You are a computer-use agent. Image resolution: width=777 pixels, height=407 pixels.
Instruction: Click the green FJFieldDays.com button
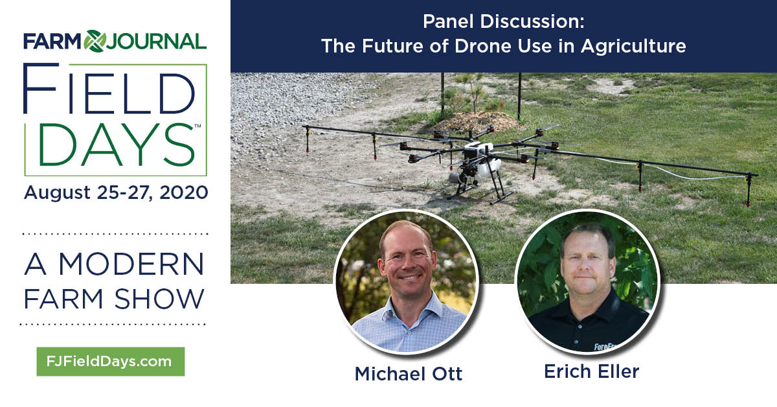111,362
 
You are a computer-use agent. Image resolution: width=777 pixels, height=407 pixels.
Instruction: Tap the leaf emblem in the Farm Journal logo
95,41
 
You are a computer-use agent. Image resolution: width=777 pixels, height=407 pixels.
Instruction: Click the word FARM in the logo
52,41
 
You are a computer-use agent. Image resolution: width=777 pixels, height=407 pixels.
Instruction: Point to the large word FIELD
109,89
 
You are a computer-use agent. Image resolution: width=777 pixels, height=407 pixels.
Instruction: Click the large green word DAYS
117,145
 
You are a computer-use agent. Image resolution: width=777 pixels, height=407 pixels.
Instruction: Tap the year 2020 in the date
184,192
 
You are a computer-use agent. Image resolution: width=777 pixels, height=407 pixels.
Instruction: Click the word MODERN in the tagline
131,264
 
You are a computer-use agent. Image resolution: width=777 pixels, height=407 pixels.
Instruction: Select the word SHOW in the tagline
159,299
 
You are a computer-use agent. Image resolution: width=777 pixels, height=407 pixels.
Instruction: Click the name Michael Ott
409,374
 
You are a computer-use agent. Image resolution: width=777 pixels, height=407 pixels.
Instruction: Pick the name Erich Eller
591,371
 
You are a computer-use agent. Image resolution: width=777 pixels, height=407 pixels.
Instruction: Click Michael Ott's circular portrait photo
406,282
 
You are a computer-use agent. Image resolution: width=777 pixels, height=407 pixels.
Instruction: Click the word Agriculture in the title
633,47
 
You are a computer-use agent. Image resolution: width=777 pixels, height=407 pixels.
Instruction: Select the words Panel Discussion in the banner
503,21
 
